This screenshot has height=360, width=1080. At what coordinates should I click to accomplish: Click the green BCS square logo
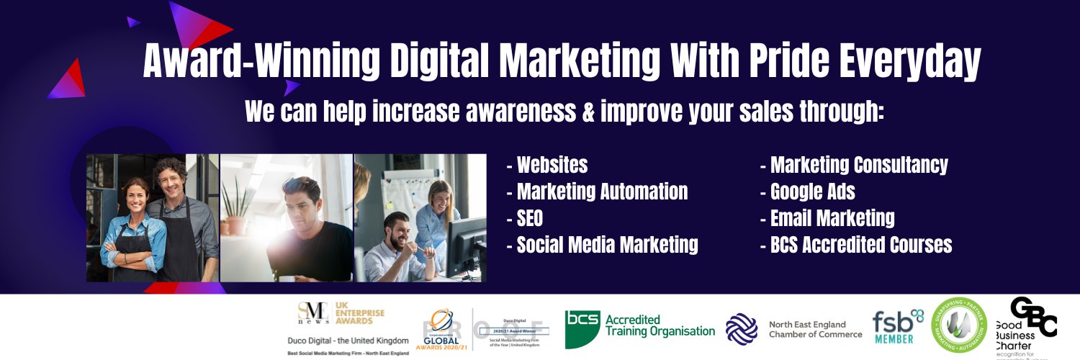(x=582, y=328)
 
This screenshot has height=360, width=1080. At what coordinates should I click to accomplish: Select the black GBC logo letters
(x=1034, y=316)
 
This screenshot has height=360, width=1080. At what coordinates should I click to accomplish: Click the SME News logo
(x=315, y=312)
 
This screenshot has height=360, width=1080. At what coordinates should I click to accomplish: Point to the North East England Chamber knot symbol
(x=742, y=328)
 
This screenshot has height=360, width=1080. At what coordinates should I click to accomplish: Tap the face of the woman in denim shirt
(x=134, y=194)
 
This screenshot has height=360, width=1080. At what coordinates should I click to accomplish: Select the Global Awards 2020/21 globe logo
(x=441, y=325)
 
